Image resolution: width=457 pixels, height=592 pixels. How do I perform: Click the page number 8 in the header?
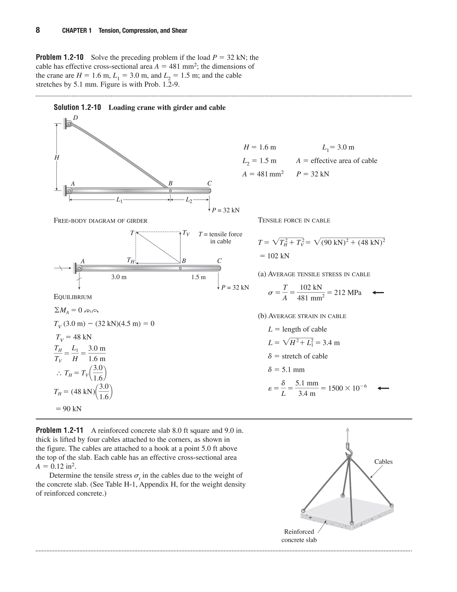coord(38,30)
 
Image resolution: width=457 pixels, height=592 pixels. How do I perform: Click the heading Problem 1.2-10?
coord(60,57)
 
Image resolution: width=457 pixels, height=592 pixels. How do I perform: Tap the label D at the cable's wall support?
coord(76,118)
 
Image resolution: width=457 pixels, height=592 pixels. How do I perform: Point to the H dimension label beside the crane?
coord(57,157)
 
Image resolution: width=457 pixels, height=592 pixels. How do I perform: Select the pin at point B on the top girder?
coord(170,191)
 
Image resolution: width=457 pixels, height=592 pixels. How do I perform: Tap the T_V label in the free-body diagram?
coord(186,233)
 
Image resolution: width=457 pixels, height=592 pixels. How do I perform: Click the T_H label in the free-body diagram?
coord(131,260)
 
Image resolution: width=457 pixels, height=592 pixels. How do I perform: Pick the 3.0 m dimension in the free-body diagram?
coord(119,277)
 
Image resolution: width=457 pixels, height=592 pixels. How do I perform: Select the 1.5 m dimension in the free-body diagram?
coord(198,277)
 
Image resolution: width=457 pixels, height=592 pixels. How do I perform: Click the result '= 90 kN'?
coord(69,409)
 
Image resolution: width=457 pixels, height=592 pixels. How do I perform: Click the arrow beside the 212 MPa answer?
coord(378,292)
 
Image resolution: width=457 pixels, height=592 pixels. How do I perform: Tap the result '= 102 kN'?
coord(274,256)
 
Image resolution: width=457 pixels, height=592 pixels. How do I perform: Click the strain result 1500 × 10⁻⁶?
coord(347,388)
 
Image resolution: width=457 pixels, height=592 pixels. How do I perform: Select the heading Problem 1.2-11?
coord(60,430)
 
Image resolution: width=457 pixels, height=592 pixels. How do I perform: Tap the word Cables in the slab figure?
coord(383,462)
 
